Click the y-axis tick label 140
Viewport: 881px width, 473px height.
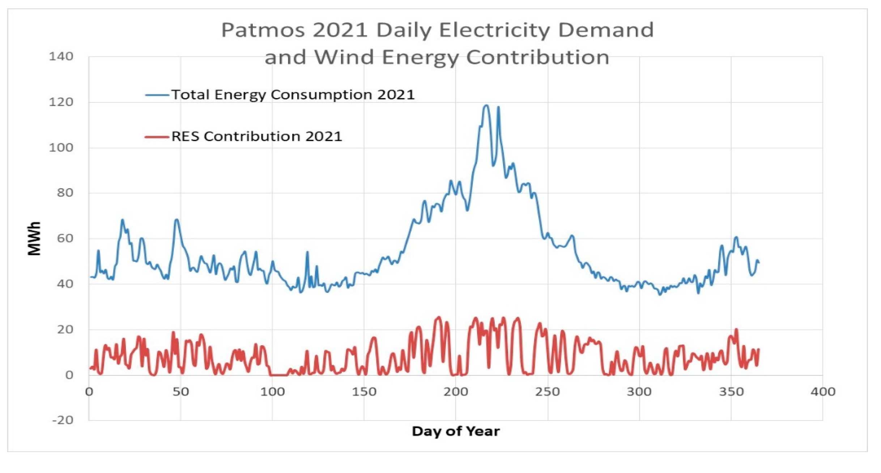pyautogui.click(x=61, y=56)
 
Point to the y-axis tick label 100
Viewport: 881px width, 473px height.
pyautogui.click(x=61, y=148)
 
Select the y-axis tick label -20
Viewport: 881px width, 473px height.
pyautogui.click(x=63, y=420)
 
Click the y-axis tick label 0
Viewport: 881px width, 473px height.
pyautogui.click(x=69, y=375)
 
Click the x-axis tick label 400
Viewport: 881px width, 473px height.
pyautogui.click(x=823, y=392)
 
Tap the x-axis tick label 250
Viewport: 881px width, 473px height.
pyautogui.click(x=548, y=392)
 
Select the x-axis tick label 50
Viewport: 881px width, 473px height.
pyautogui.click(x=180, y=392)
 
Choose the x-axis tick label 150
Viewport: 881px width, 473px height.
pyautogui.click(x=364, y=392)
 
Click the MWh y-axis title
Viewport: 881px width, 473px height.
pyautogui.click(x=34, y=238)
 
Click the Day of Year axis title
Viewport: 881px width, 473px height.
pyautogui.click(x=456, y=431)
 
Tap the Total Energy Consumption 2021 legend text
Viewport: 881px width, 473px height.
pyautogui.click(x=293, y=95)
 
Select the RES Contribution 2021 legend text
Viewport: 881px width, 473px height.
pyautogui.click(x=256, y=136)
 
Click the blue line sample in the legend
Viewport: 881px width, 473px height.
pyautogui.click(x=157, y=95)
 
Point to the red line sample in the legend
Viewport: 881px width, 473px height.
pyautogui.click(x=157, y=137)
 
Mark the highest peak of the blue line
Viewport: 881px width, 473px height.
pyautogui.click(x=486, y=105)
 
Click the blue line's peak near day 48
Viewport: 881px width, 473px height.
pyautogui.click(x=176, y=219)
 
